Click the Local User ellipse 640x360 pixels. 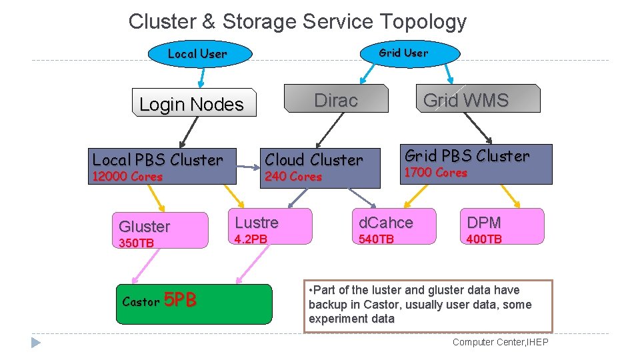(200, 54)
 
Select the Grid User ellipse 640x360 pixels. (410, 53)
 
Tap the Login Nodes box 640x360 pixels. (194, 103)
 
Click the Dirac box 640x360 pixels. (336, 99)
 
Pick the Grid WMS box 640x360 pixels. (478, 99)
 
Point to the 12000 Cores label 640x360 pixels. (127, 176)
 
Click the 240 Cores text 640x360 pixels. (293, 176)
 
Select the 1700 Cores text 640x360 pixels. (435, 172)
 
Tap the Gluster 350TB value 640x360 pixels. (136, 243)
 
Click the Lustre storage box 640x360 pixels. (270, 227)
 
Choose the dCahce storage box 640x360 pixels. (394, 227)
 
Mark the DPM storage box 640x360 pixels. (502, 227)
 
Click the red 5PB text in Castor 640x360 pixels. (180, 299)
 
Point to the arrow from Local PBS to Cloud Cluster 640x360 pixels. (248, 167)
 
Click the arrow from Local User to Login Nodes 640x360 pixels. (202, 77)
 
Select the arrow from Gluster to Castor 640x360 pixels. (146, 266)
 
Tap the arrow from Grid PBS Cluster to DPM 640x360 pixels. (510, 196)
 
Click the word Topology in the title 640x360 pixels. (423, 21)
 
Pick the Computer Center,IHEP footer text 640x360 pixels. (501, 342)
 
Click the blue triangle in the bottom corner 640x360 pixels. (35, 343)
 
